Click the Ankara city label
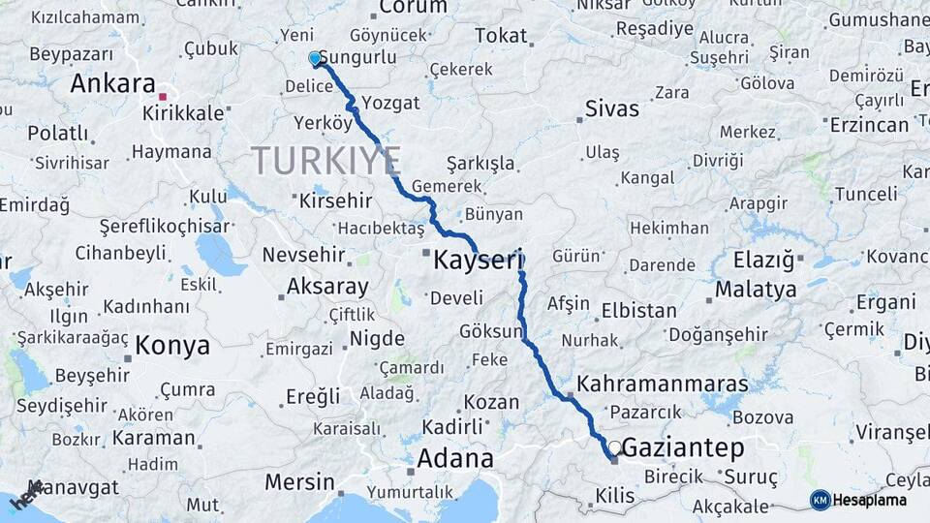pyautogui.click(x=113, y=83)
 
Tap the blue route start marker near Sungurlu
pyautogui.click(x=314, y=59)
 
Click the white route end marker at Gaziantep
pyautogui.click(x=614, y=447)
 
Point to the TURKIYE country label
pyautogui.click(x=326, y=161)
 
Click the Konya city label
pyautogui.click(x=172, y=345)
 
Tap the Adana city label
pyautogui.click(x=454, y=457)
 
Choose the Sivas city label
pyautogui.click(x=611, y=108)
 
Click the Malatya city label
pyautogui.click(x=756, y=289)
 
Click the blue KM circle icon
pyautogui.click(x=821, y=500)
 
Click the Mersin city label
pyautogui.click(x=299, y=481)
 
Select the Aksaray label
pyautogui.click(x=327, y=287)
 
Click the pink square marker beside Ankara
pyautogui.click(x=163, y=97)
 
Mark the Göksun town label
pyautogui.click(x=491, y=331)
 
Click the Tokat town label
pyautogui.click(x=501, y=37)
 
